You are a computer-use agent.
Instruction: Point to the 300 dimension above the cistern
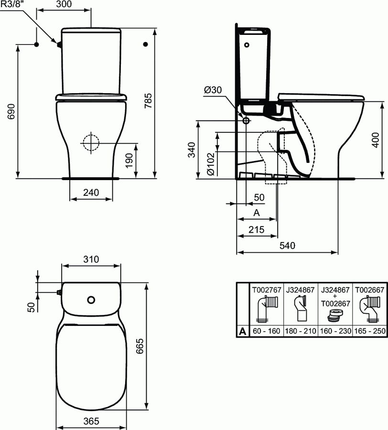point(64,5)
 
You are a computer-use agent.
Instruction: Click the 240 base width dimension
point(91,193)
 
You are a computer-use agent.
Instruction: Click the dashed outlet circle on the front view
point(90,142)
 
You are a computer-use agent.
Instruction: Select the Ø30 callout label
point(213,90)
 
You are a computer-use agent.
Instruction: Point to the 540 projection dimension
point(287,246)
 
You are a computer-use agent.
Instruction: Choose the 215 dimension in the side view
point(256,230)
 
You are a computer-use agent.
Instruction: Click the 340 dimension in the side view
point(192,150)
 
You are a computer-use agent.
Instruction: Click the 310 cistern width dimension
point(91,259)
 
